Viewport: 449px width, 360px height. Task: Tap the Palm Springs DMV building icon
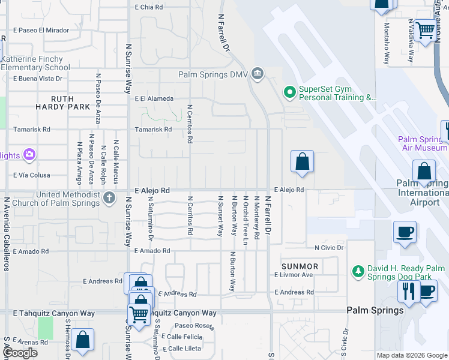pyautogui.click(x=258, y=74)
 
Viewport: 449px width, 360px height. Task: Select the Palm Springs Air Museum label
pyautogui.click(x=423, y=143)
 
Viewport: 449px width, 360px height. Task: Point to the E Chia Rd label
pyautogui.click(x=149, y=7)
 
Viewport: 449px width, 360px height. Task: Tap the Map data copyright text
pyautogui.click(x=411, y=355)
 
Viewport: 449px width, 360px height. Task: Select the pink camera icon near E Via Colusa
pyautogui.click(x=28, y=155)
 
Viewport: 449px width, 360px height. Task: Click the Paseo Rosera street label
pyautogui.click(x=194, y=326)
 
